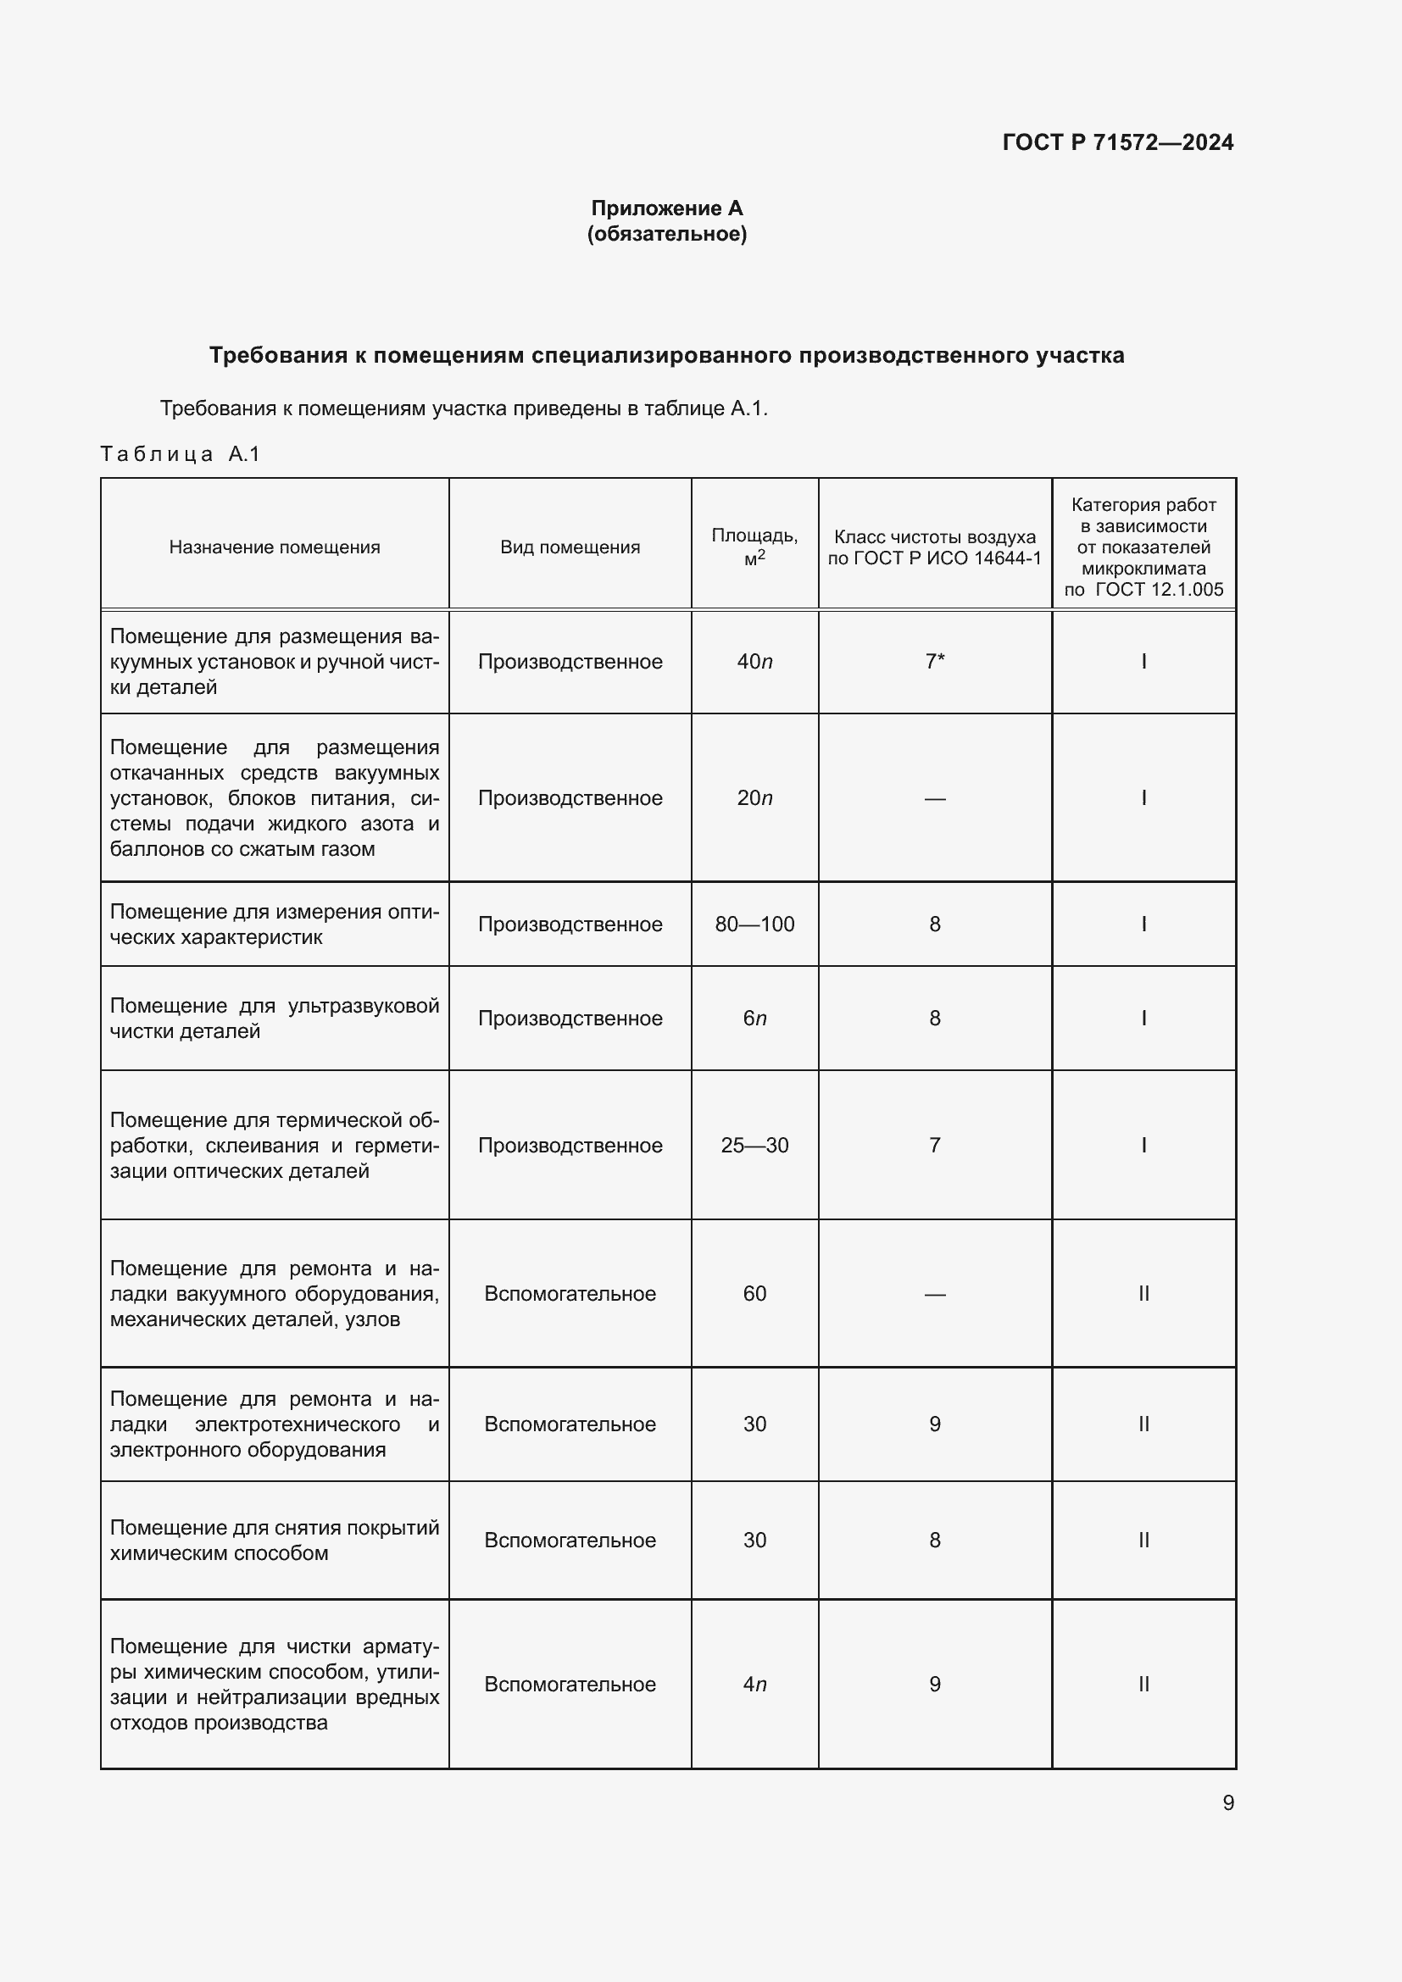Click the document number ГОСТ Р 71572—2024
coord(1117,142)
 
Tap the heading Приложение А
coord(666,208)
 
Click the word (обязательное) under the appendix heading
coord(666,234)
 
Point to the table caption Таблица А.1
coord(180,454)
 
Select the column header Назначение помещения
coord(275,547)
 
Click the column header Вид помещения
coord(570,547)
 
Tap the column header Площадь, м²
coord(754,547)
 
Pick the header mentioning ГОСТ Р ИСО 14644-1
coord(934,547)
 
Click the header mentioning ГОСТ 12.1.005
coord(1143,547)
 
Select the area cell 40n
coord(754,662)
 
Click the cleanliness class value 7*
coord(935,662)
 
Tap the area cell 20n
coord(754,798)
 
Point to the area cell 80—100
coord(754,924)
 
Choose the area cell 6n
coord(754,1019)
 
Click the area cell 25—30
coord(754,1146)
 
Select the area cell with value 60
coord(754,1294)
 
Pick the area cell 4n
coord(754,1685)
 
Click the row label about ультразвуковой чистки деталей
coord(275,1019)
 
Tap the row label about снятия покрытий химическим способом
coord(275,1540)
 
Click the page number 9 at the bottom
coord(1227,1803)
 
